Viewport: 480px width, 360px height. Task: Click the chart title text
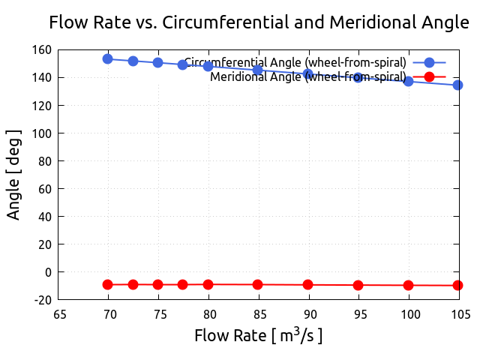259,22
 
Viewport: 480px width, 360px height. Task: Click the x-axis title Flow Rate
259,335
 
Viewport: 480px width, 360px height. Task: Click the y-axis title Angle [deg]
13,175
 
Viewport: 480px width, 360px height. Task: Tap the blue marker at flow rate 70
108,58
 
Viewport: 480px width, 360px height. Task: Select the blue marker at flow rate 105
457,85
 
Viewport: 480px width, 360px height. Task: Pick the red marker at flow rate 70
108,284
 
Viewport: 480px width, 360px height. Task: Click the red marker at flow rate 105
457,285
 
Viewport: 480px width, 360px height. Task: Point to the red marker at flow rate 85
258,284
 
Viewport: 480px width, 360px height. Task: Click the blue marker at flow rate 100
408,80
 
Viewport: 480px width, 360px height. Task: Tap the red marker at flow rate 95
358,285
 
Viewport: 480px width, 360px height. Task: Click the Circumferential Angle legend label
295,62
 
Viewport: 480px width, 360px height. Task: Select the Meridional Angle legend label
308,76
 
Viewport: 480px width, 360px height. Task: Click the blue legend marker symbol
429,63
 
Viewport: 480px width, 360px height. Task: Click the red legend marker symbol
429,76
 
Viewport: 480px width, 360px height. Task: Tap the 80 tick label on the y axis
44,161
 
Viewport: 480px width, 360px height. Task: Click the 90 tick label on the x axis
308,314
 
